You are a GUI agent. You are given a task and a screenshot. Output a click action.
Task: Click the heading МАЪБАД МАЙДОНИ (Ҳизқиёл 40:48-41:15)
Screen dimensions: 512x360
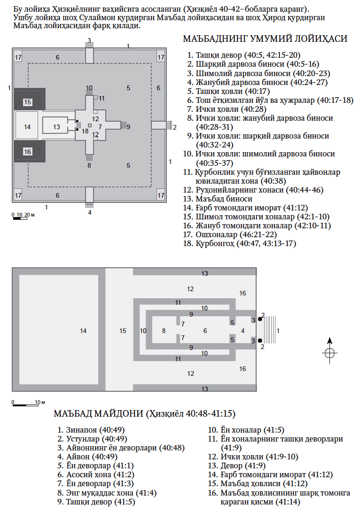[145, 414]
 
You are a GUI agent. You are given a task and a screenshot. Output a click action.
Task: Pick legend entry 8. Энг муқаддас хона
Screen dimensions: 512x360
[108, 493]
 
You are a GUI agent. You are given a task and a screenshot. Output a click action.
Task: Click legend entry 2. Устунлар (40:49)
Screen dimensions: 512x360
[89, 439]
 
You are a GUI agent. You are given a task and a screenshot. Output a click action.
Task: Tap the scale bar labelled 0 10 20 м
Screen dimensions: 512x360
[23, 216]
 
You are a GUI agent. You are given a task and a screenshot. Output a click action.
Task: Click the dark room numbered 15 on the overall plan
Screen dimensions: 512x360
[28, 101]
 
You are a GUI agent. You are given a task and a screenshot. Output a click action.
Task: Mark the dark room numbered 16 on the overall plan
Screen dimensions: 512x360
[28, 151]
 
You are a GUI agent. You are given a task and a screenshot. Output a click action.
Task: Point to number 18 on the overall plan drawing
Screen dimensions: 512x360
[85, 131]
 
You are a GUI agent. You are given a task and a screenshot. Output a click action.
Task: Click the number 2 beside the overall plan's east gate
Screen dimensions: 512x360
[175, 127]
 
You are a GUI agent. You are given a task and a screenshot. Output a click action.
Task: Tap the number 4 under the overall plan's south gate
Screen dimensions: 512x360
[89, 212]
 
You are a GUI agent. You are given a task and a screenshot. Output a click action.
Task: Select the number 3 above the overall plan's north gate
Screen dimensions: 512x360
[89, 41]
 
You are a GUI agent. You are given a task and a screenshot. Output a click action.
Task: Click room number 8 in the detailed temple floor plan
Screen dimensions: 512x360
[164, 331]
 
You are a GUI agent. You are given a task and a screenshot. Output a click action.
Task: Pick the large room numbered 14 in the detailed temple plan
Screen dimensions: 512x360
[83, 331]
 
